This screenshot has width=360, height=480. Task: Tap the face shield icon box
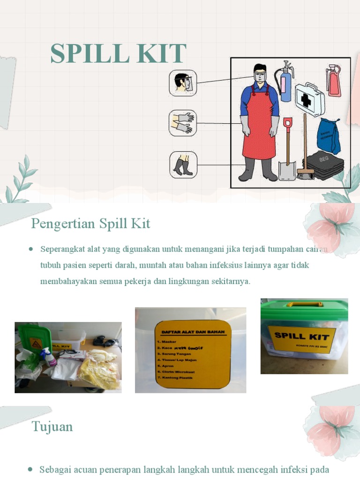coord(183,83)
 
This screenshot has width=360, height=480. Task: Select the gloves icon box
coord(183,123)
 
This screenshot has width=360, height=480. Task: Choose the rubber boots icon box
coord(183,165)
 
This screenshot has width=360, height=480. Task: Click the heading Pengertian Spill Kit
coord(90,224)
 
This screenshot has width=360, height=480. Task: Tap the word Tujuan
coord(52,427)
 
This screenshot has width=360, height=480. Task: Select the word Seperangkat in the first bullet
coord(61,249)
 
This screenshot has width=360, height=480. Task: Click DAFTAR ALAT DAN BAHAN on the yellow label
coord(193,332)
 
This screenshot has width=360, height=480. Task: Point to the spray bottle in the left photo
coord(48,357)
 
